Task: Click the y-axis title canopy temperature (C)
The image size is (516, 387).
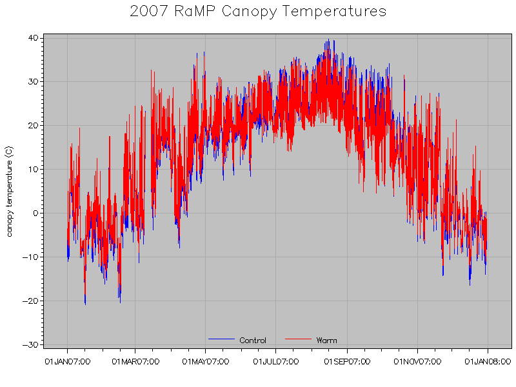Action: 9,191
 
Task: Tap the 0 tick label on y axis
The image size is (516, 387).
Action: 35,213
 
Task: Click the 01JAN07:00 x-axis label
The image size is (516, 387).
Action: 68,361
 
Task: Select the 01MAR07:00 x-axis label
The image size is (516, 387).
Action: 135,361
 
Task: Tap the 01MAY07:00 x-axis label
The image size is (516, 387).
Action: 206,361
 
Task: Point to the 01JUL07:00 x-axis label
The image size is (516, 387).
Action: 275,361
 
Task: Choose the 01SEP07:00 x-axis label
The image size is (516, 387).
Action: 347,361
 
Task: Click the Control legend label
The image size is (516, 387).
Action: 253,341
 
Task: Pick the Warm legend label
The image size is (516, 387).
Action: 326,341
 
